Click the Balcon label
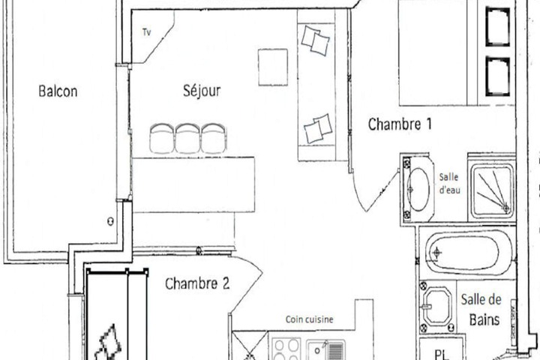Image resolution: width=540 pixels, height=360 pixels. click(x=58, y=91)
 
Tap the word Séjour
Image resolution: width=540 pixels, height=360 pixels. click(x=202, y=91)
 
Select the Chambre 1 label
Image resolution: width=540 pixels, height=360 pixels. click(x=400, y=124)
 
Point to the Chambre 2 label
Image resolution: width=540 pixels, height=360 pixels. click(x=197, y=283)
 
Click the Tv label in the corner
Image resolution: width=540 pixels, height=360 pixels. click(x=147, y=32)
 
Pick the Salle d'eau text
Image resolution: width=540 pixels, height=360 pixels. click(x=449, y=183)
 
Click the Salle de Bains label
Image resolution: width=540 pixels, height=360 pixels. click(x=481, y=310)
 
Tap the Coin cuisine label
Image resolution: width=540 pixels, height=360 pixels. click(x=309, y=319)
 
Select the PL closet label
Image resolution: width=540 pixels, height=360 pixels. click(x=442, y=354)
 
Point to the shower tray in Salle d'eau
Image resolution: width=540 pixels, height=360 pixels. click(x=493, y=190)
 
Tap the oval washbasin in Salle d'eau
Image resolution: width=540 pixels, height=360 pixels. click(x=418, y=189)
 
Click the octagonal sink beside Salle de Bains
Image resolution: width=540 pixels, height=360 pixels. click(x=437, y=306)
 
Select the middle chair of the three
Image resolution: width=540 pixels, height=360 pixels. click(x=187, y=138)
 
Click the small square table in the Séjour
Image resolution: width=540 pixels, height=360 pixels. click(x=273, y=67)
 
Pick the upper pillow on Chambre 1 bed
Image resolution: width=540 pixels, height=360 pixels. click(x=498, y=26)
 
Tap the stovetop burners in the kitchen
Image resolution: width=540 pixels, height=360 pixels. click(x=286, y=349)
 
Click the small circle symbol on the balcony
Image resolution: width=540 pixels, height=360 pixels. click(x=110, y=221)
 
